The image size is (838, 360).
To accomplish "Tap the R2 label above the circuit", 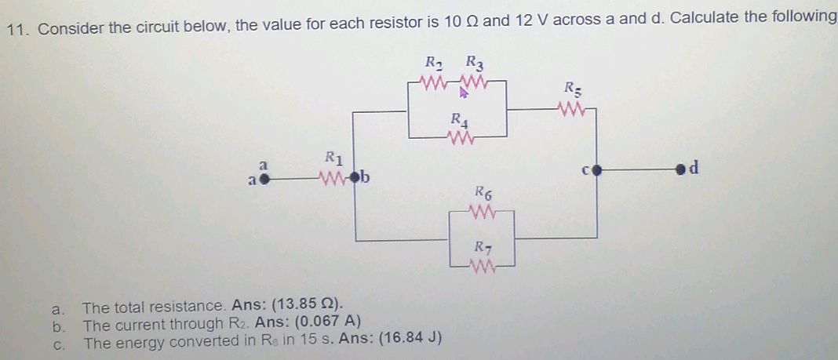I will coord(434,62).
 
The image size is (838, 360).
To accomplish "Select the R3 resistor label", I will coord(475,62).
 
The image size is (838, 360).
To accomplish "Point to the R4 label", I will coord(459,122).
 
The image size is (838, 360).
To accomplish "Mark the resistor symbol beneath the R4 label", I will coord(459,140).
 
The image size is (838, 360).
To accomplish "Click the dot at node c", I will coord(595,169).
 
